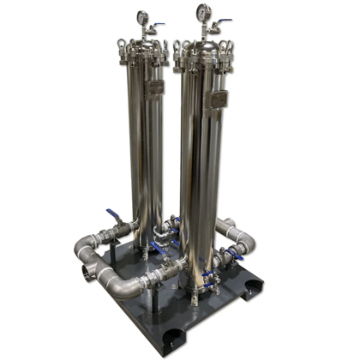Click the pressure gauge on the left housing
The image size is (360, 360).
(142, 17)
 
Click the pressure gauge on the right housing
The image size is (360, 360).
(203, 12)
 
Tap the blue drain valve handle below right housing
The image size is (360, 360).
(209, 276)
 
